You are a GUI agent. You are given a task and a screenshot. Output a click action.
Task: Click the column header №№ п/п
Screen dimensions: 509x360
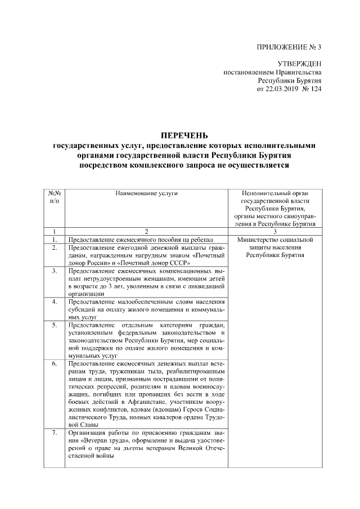tap(54, 197)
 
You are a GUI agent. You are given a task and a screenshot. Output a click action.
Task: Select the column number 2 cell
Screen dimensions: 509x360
tap(146, 231)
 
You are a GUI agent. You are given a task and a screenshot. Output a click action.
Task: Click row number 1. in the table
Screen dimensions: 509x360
tap(54, 239)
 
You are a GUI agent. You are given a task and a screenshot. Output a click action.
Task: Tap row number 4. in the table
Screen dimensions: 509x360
tap(54, 301)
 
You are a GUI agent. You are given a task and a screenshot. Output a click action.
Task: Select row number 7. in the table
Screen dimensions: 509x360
tap(54, 433)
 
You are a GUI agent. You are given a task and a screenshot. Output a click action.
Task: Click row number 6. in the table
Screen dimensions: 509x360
tap(54, 364)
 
